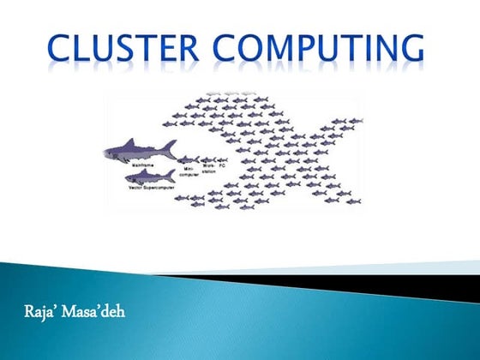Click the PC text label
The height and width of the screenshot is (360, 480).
click(222, 166)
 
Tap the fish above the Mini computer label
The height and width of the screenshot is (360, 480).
click(189, 159)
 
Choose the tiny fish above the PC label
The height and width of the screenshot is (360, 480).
click(223, 159)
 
